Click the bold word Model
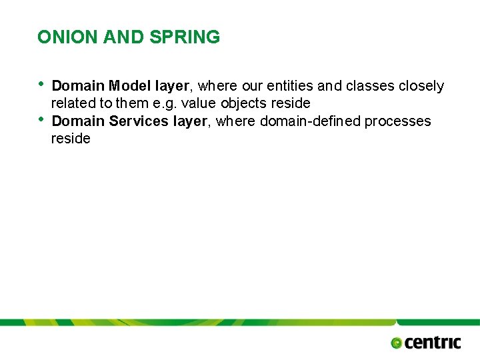130,86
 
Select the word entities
293,86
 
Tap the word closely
421,86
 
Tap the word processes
398,121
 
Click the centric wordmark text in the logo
433,343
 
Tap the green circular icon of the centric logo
396,343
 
